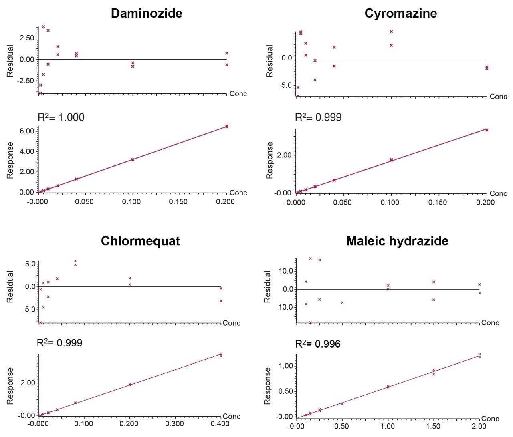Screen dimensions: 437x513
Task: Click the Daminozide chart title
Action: pyautogui.click(x=146, y=13)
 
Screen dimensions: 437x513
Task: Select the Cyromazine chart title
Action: pyautogui.click(x=400, y=13)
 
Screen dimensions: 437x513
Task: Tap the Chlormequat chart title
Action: pyautogui.click(x=140, y=241)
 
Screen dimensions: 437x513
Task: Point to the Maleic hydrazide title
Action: pyautogui.click(x=397, y=241)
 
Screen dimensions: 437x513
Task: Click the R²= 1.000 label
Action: pyautogui.click(x=61, y=117)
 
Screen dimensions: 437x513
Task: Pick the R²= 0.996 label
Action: pyautogui.click(x=318, y=344)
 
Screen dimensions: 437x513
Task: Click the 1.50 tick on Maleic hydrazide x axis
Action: pyautogui.click(x=433, y=426)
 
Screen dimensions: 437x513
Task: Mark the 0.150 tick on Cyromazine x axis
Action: pyautogui.click(x=437, y=203)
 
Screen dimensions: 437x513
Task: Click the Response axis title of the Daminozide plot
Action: pyautogui.click(x=10, y=160)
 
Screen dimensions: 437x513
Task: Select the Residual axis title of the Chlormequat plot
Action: pyautogui.click(x=10, y=287)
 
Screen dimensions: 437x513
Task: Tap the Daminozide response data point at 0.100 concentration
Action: pyautogui.click(x=133, y=159)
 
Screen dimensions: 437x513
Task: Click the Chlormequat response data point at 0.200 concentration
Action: pyautogui.click(x=130, y=385)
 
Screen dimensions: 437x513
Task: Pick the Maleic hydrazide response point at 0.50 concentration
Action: pyautogui.click(x=342, y=403)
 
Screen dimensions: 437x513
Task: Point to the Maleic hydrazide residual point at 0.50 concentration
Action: pyautogui.click(x=342, y=302)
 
